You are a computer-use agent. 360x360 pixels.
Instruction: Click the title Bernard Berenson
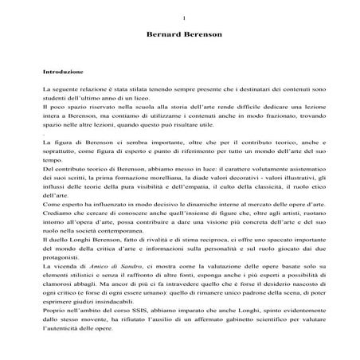(183, 37)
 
